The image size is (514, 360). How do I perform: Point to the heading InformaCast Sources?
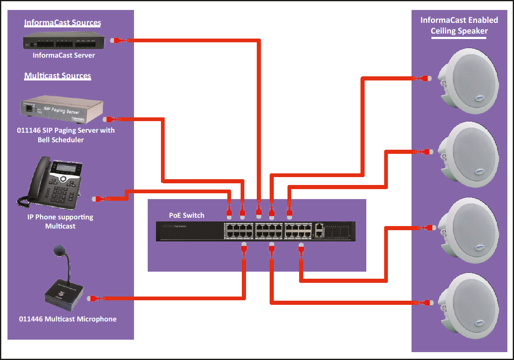[x=63, y=23]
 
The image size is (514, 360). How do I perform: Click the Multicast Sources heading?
[x=58, y=76]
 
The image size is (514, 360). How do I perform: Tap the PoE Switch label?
[x=187, y=215]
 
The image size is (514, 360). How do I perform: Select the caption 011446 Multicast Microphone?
[x=68, y=319]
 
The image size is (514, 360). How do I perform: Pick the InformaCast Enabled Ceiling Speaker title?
[x=459, y=25]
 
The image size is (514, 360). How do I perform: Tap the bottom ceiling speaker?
[x=468, y=304]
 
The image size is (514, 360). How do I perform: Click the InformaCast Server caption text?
[x=64, y=55]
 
